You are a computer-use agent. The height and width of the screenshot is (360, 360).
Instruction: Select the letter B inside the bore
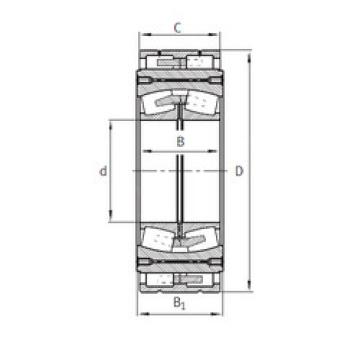tap(180, 141)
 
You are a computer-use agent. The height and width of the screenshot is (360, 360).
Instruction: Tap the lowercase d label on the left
tap(103, 172)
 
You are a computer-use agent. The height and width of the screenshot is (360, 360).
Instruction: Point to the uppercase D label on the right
tap(237, 172)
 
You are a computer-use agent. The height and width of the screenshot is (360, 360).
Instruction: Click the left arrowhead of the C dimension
tap(140, 40)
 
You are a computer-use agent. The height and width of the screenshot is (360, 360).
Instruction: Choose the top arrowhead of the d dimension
tap(112, 119)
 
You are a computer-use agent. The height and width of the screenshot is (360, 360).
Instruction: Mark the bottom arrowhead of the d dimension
tap(112, 226)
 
